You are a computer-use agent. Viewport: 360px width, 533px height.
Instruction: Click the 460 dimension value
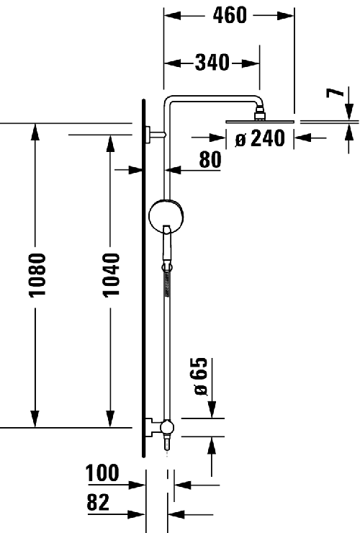[230, 14]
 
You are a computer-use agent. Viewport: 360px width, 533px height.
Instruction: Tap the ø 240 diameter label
[260, 139]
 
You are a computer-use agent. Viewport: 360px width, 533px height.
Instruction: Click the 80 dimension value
[210, 160]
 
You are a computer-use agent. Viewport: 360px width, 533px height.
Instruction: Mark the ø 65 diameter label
[201, 376]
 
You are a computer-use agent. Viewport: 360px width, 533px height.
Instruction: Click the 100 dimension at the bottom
[103, 474]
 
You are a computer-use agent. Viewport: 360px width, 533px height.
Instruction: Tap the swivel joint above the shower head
[258, 113]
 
